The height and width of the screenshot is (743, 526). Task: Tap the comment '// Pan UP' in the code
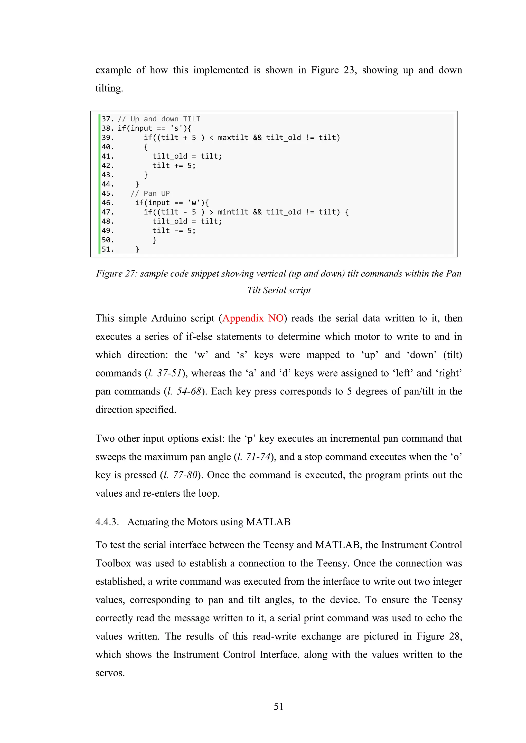[150, 194]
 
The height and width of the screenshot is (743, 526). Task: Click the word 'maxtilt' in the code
[233, 138]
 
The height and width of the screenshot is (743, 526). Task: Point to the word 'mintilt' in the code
[233, 212]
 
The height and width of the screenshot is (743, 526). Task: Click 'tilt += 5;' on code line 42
[174, 166]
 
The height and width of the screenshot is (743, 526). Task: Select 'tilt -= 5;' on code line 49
[174, 231]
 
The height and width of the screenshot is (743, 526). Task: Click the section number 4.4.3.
[107, 522]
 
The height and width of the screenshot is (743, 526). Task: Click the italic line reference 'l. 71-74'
[253, 457]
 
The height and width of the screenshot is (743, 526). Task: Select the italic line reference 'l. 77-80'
[180, 475]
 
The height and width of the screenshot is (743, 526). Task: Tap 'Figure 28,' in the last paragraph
[439, 636]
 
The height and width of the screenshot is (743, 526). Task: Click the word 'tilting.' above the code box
[109, 88]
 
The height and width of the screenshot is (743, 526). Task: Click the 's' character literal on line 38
[176, 129]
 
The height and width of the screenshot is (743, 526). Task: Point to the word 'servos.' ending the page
[110, 673]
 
